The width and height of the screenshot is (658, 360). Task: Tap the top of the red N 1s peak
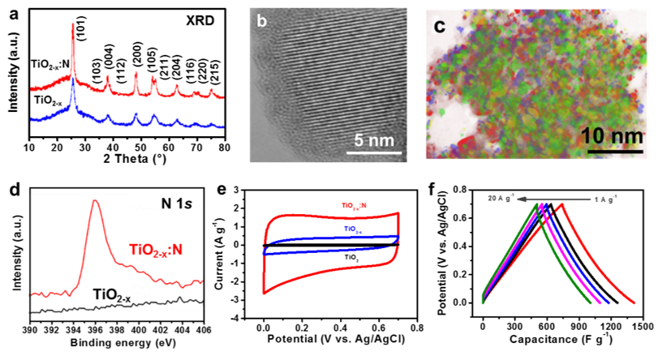point(94,201)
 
